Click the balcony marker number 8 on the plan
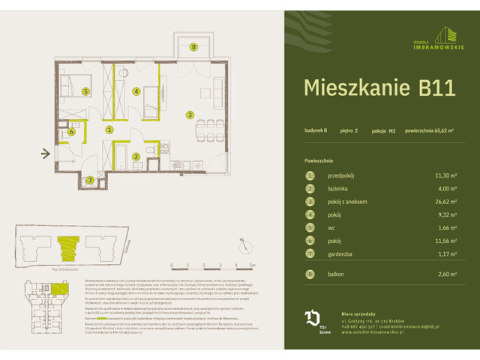(193, 47)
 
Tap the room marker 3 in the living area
(190, 115)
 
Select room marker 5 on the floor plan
(86, 91)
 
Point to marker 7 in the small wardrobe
(89, 180)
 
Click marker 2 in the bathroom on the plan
(136, 157)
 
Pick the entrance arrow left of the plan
(46, 155)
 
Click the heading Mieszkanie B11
(379, 87)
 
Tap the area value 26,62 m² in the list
(442, 201)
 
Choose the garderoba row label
(342, 253)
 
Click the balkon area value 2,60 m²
(445, 274)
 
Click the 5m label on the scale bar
(253, 265)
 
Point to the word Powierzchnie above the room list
(319, 160)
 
